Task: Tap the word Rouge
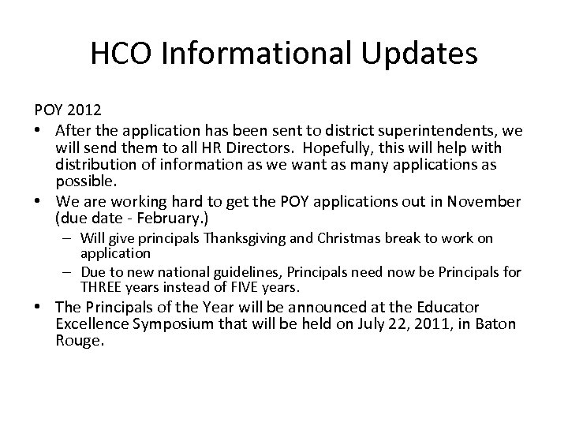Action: pyautogui.click(x=80, y=342)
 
